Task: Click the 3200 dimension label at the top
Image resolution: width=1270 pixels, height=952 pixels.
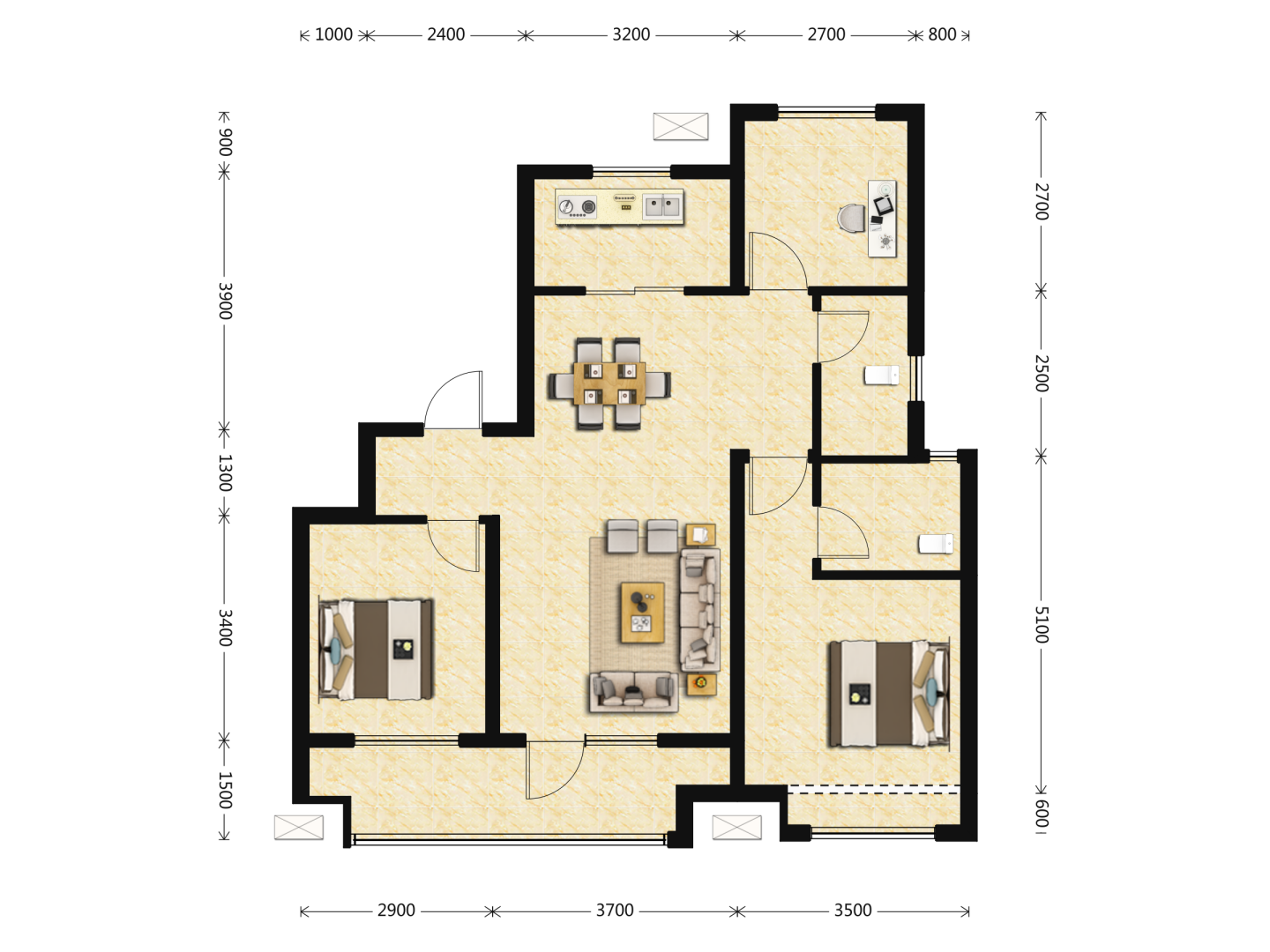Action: point(631,34)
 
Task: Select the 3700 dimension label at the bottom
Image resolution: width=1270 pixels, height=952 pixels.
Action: point(615,911)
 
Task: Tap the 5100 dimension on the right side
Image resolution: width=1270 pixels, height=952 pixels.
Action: point(1041,624)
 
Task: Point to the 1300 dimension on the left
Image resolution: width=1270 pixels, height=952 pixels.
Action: point(225,472)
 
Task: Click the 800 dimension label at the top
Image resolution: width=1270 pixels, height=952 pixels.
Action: point(942,34)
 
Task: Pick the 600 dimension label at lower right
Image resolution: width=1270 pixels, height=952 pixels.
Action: point(1041,814)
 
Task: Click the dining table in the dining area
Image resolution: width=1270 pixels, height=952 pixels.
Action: point(609,383)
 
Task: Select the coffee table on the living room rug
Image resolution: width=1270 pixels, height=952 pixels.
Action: point(642,612)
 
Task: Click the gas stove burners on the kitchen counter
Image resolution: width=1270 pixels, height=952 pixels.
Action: point(577,206)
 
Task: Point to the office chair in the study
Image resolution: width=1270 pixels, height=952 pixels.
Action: point(852,219)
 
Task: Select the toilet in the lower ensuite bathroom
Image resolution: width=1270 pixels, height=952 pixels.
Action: point(936,544)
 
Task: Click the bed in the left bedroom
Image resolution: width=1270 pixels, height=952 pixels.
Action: point(376,650)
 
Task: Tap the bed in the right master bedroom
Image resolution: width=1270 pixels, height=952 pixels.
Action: point(889,693)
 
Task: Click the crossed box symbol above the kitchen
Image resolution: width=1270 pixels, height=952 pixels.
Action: point(680,126)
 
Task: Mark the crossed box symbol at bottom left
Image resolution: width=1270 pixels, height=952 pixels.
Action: point(299,827)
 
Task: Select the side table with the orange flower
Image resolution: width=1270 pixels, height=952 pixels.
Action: point(701,684)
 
